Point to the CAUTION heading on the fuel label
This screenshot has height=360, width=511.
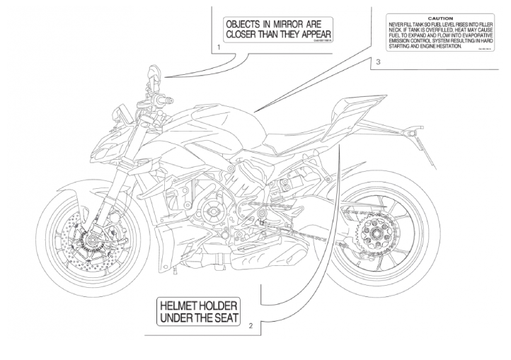click(425, 18)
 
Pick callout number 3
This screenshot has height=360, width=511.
click(379, 62)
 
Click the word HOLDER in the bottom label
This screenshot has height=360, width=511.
click(221, 304)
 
